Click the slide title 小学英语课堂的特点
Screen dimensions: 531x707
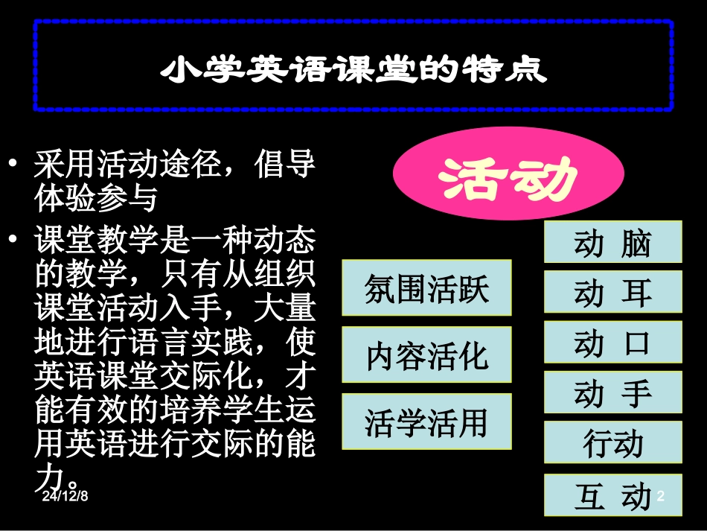[353, 69]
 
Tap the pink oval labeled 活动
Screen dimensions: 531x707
[508, 179]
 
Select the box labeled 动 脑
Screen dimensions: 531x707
[612, 242]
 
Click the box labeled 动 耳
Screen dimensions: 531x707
[612, 292]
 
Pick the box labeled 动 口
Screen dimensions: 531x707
[612, 342]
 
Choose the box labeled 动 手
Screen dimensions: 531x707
[612, 392]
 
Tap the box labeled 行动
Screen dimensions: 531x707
[612, 442]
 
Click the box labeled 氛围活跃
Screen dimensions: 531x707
[426, 287]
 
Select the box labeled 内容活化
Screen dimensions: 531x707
[426, 354]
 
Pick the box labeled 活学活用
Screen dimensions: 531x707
[426, 422]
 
